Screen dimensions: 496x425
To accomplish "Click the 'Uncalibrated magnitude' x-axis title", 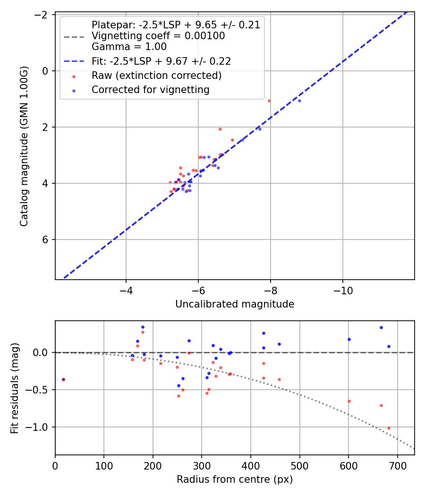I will click(235, 304).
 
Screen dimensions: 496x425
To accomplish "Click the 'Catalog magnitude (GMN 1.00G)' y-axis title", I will click(24, 146).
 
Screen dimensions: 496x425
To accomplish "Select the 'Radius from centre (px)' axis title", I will click(235, 479).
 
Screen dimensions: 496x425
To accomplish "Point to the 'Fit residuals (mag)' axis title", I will click(15, 387).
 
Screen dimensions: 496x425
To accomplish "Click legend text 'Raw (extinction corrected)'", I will click(157, 76).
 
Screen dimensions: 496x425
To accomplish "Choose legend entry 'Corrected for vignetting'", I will click(151, 89).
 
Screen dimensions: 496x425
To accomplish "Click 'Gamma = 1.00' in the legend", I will click(129, 47).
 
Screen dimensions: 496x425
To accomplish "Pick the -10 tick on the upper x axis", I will click(342, 290).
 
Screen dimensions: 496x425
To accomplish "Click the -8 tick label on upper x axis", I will click(271, 290).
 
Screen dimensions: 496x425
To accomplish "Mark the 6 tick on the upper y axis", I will click(45, 239).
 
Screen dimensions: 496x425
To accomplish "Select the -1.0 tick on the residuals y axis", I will click(41, 427).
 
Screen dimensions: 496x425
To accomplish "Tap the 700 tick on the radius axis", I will click(397, 465).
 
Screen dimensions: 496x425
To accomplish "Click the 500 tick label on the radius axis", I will click(299, 465).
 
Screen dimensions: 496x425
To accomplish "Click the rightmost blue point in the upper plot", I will click(299, 101).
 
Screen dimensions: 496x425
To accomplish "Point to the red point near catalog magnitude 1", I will click(269, 101).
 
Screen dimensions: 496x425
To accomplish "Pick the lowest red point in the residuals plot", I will click(389, 428).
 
